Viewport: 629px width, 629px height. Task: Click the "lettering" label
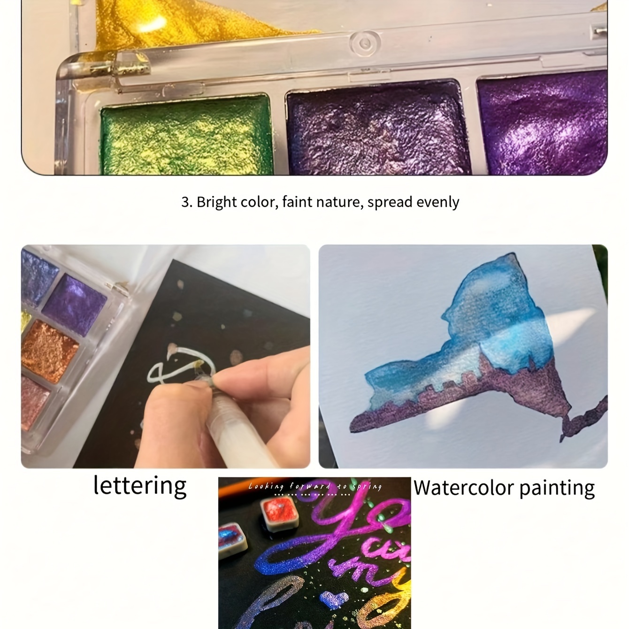coord(140,486)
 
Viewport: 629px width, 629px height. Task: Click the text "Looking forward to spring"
coord(314,487)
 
